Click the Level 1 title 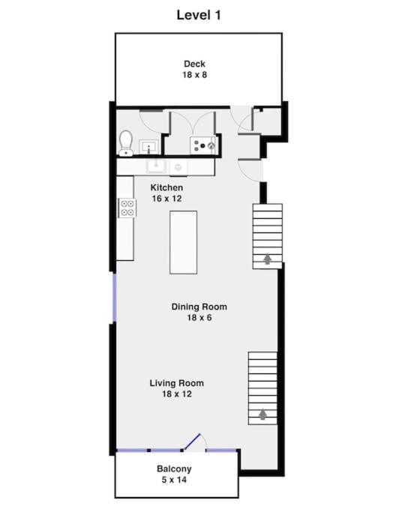point(198,14)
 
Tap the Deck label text point(194,64)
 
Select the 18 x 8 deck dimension point(194,75)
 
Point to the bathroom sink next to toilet point(148,145)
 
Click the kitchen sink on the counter point(157,166)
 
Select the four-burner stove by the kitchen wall point(126,207)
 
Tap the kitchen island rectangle point(184,242)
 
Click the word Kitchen point(166,187)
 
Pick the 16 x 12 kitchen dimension point(166,199)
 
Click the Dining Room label point(199,307)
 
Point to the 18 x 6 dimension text point(199,318)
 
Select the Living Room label point(176,383)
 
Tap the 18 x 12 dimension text point(176,394)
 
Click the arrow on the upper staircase point(267,259)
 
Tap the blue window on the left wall point(114,298)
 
